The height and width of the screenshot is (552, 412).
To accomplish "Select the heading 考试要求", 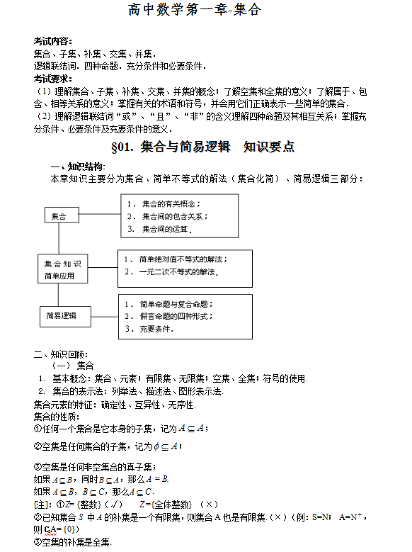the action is (52, 78).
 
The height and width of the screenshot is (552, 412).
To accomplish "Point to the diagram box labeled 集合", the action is (61, 215).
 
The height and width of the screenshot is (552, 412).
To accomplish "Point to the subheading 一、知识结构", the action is (77, 167).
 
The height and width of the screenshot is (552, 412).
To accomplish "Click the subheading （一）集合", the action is (74, 365).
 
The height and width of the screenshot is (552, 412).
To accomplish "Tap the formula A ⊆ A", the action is (193, 428).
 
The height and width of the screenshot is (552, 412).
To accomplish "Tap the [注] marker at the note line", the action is (43, 504).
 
